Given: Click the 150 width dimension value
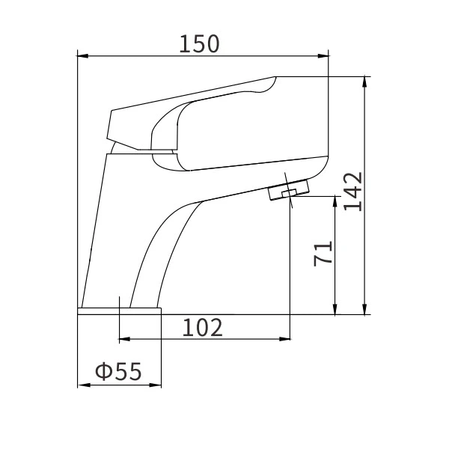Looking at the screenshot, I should (199, 44).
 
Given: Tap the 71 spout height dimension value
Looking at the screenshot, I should (323, 254).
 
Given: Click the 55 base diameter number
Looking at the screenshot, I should (128, 372).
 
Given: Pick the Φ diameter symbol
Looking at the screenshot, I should (103, 372).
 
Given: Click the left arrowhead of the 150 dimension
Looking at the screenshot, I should (83, 55).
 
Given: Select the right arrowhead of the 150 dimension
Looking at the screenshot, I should (324, 55).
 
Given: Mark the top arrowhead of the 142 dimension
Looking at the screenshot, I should (364, 80).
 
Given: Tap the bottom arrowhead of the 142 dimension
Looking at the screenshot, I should (364, 310).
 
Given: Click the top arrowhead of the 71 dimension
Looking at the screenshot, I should (335, 201).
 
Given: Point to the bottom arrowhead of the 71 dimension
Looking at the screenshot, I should (335, 310).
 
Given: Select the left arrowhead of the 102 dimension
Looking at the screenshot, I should (124, 339).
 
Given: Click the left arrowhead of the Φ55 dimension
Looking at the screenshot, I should (83, 385).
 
